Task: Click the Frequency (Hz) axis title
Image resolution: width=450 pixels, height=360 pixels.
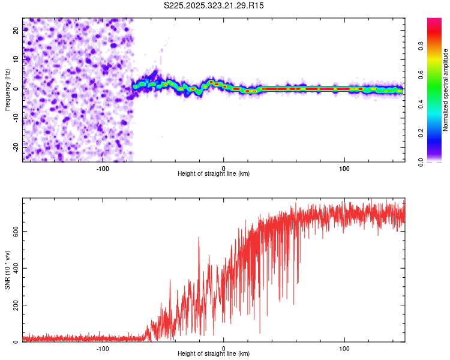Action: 8,90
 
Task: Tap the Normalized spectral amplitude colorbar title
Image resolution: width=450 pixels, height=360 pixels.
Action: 445,90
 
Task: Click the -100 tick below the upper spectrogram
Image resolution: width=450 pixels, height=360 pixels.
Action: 103,167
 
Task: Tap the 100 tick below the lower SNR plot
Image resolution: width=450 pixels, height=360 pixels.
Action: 344,347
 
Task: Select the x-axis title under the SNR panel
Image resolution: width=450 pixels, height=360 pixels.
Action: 214,353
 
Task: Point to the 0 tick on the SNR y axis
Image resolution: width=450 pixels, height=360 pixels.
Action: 17,342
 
